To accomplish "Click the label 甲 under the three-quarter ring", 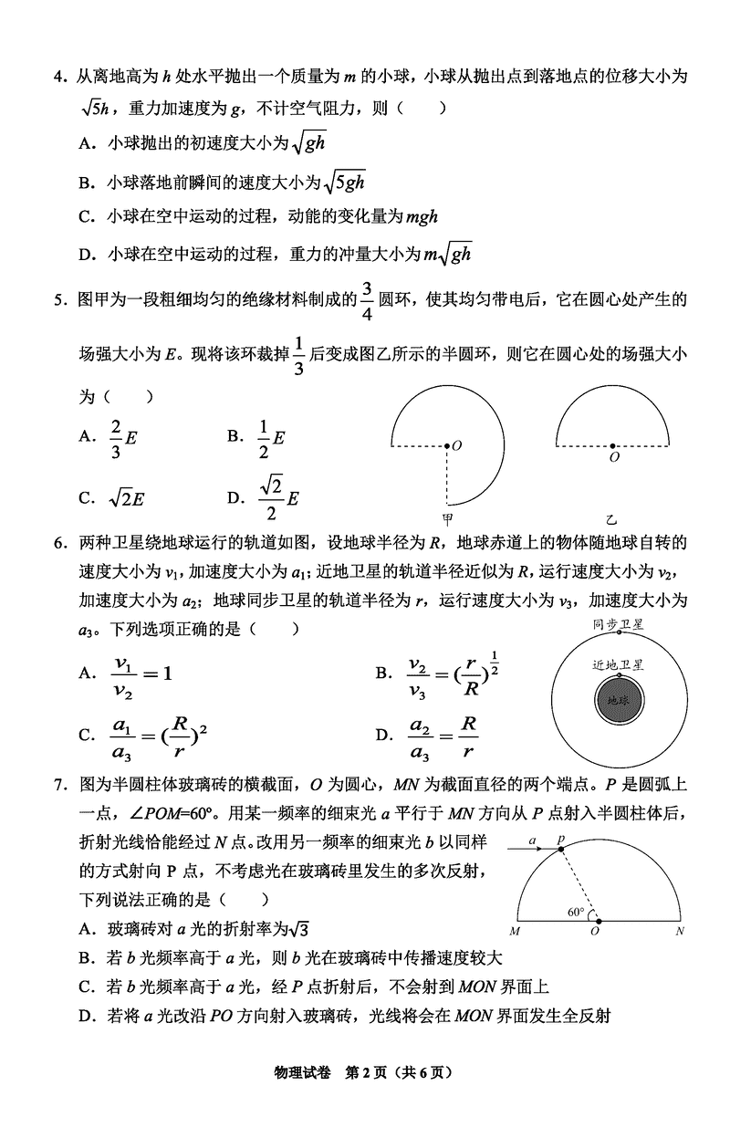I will pos(447,517).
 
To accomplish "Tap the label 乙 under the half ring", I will pos(611,517).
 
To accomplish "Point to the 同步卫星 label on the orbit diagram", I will pos(619,624).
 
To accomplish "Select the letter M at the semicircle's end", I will pos(516,932).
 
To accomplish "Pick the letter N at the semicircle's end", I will pos(680,932).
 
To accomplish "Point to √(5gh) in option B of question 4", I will pos(345,182).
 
